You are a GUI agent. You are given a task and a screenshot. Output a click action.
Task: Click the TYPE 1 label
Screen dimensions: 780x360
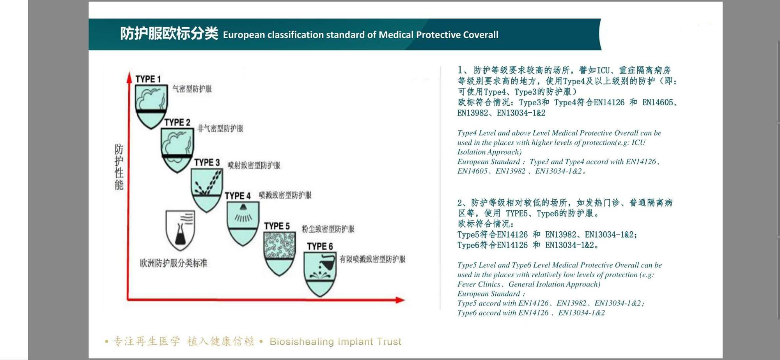tap(148, 79)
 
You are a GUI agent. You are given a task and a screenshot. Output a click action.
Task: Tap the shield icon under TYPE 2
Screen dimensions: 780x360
tap(177, 150)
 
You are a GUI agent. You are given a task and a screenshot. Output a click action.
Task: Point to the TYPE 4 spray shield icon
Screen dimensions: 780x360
tap(243, 223)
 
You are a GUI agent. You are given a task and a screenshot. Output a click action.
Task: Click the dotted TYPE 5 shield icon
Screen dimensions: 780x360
tap(279, 254)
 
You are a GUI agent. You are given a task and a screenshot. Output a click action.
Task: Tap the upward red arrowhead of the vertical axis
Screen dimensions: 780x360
tap(129, 77)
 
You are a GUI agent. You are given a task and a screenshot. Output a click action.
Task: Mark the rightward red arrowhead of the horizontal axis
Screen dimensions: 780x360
tap(400, 300)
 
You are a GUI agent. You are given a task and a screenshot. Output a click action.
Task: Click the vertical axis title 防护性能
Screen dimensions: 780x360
tap(119, 167)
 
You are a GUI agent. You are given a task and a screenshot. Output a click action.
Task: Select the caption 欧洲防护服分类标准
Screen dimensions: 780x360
tap(174, 263)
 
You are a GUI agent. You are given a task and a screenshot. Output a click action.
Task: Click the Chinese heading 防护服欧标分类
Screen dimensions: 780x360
tap(169, 34)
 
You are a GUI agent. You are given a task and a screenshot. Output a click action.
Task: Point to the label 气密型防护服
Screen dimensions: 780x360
tap(192, 89)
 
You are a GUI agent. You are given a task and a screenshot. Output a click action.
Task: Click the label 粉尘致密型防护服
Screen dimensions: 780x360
tap(328, 229)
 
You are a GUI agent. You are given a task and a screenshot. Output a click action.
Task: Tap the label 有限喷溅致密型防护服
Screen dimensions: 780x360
tap(372, 259)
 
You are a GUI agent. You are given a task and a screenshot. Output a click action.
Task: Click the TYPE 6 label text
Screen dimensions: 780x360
tap(320, 246)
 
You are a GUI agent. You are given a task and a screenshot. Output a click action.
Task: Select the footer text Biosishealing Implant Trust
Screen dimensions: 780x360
tap(335, 342)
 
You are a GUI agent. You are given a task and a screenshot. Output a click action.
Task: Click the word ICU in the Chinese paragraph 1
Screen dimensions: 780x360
tap(603, 70)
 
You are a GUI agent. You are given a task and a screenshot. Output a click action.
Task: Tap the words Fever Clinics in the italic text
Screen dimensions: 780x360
tap(479, 284)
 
